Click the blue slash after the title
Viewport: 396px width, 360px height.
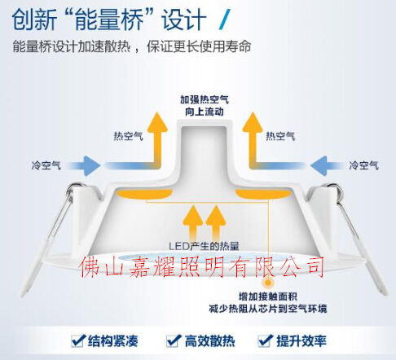click(225, 19)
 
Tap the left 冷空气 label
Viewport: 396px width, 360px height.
click(46, 165)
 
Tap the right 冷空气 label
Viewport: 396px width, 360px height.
click(363, 165)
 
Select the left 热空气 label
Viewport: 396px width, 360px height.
click(128, 136)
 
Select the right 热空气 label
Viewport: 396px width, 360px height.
click(280, 136)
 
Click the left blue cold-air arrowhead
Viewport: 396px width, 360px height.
click(91, 165)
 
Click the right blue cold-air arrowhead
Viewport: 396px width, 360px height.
click(319, 165)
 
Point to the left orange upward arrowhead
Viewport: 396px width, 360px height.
click(157, 123)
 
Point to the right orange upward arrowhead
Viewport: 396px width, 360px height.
click(253, 123)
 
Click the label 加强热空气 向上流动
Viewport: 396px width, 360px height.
click(205, 106)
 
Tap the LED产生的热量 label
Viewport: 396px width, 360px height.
click(204, 246)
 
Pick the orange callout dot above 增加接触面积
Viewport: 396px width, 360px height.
click(268, 283)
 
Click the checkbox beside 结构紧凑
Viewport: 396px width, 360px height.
click(77, 340)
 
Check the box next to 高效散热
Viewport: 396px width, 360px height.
click(174, 340)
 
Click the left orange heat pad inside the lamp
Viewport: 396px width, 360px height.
click(144, 194)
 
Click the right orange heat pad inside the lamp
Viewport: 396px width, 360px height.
click(263, 194)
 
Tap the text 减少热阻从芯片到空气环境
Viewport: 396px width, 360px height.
click(268, 309)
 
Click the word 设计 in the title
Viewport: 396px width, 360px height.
click(184, 20)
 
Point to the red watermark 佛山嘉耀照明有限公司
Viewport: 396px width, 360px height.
click(201, 267)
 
